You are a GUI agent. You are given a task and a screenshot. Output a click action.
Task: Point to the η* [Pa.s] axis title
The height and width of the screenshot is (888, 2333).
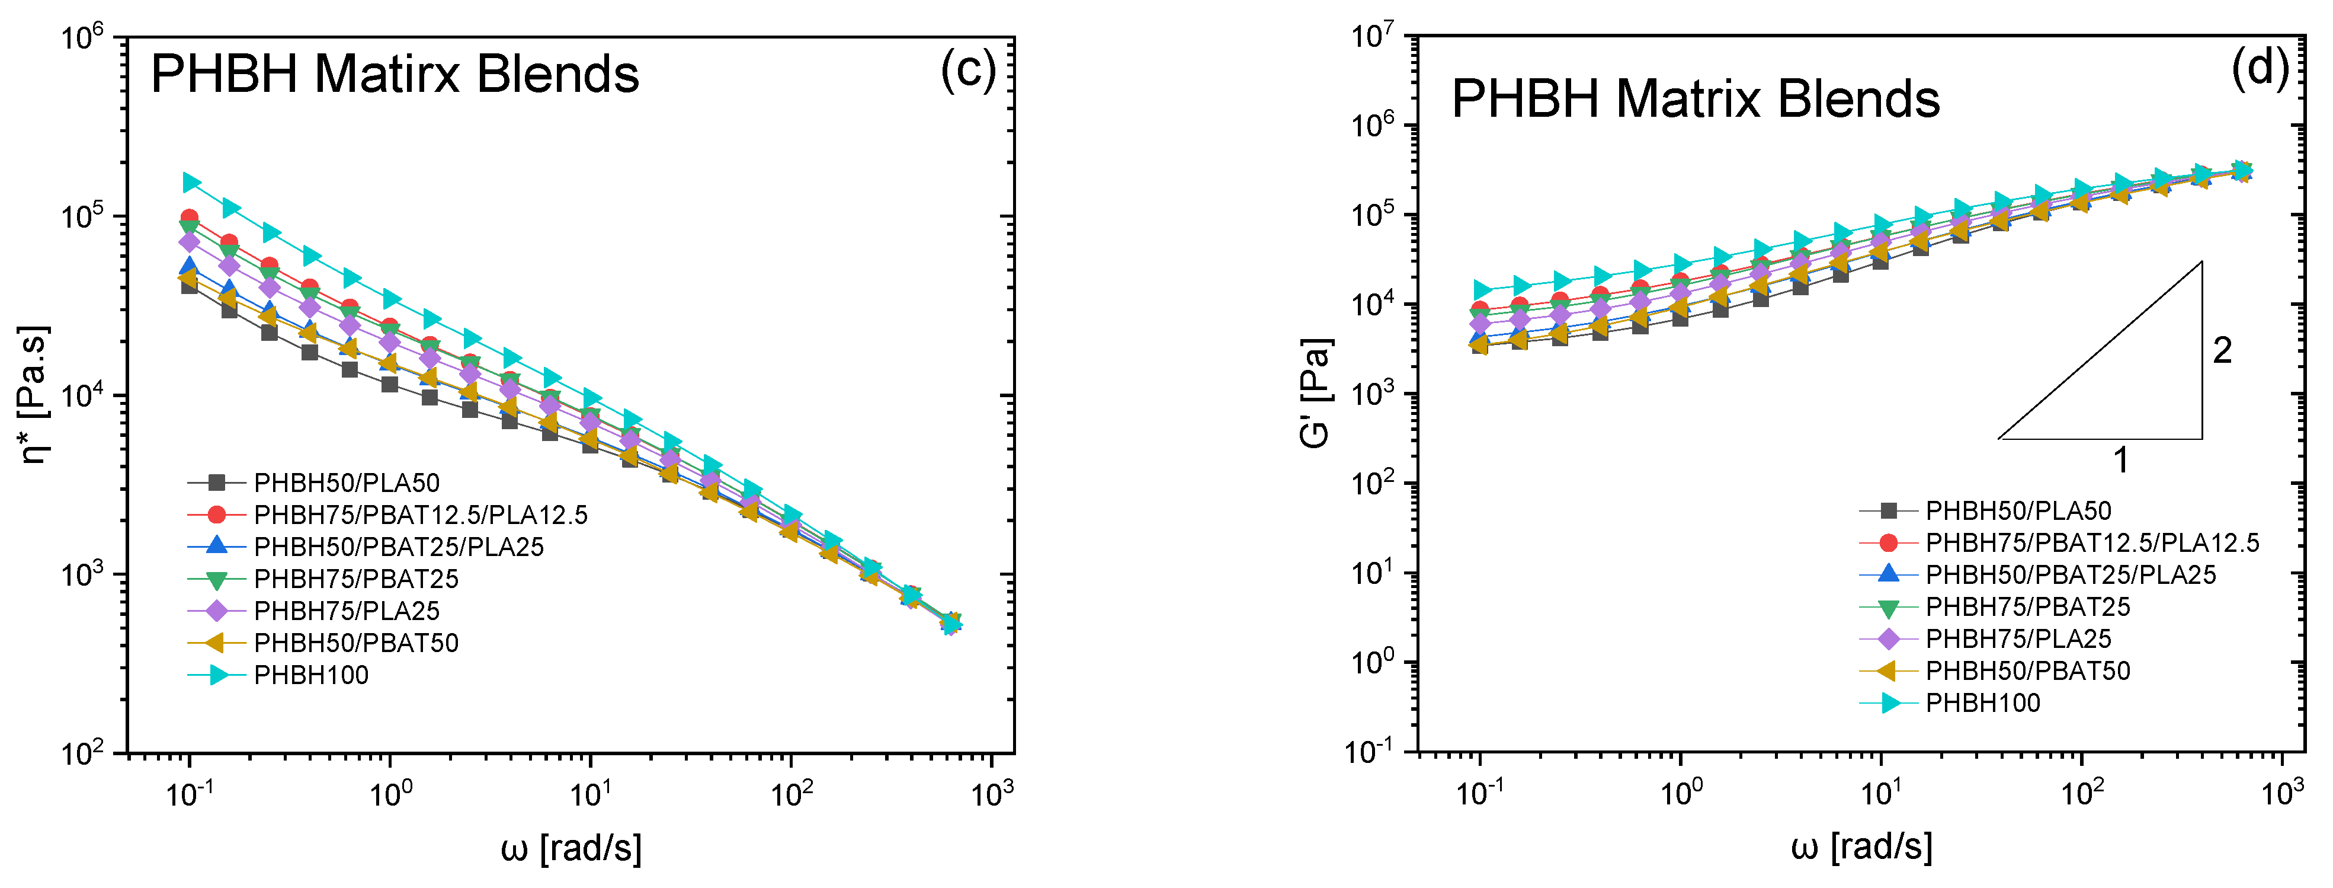34,395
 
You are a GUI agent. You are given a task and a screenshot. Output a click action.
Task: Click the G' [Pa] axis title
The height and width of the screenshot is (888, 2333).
1315,393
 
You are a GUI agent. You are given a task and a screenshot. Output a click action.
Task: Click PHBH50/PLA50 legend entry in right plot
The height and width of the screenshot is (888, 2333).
2018,511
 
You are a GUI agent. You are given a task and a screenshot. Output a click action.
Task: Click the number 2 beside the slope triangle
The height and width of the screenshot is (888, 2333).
2222,351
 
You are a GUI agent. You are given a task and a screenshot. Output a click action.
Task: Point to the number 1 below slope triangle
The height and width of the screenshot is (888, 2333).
2120,461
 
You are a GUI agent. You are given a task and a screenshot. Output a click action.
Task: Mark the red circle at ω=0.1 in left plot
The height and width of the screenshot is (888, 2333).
190,218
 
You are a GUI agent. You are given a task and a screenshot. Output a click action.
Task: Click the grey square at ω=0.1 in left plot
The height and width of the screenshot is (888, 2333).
190,286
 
